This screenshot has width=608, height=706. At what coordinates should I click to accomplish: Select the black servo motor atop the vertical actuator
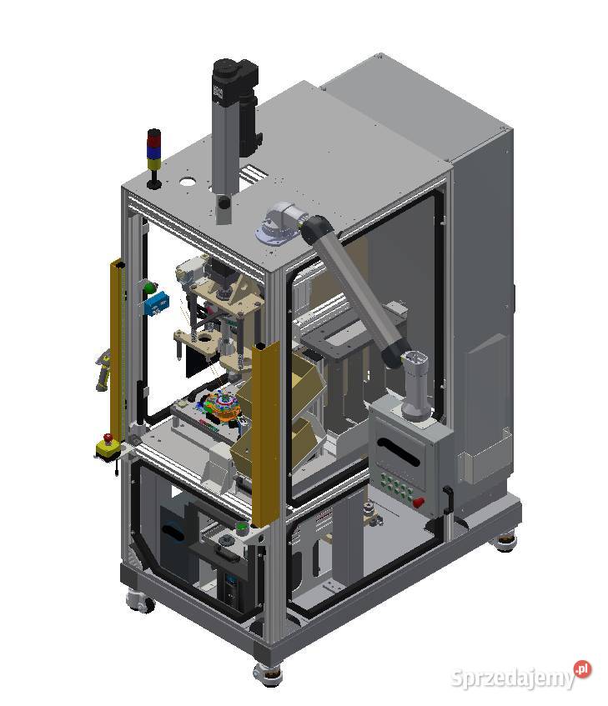(x=232, y=82)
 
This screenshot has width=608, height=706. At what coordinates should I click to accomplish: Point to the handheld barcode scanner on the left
(x=103, y=370)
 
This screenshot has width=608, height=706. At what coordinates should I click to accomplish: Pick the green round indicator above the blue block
(x=150, y=288)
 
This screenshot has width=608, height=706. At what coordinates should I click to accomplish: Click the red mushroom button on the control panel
(x=419, y=502)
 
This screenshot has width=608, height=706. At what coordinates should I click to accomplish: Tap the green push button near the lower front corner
(x=242, y=527)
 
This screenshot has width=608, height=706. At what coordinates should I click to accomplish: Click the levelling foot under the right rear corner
(x=505, y=543)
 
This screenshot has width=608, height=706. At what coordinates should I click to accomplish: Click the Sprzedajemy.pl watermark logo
(x=521, y=675)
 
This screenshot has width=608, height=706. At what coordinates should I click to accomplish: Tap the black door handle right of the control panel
(x=449, y=501)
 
